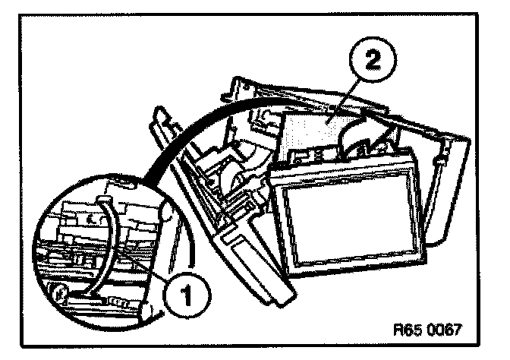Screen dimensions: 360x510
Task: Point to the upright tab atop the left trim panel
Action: click(x=160, y=118)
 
